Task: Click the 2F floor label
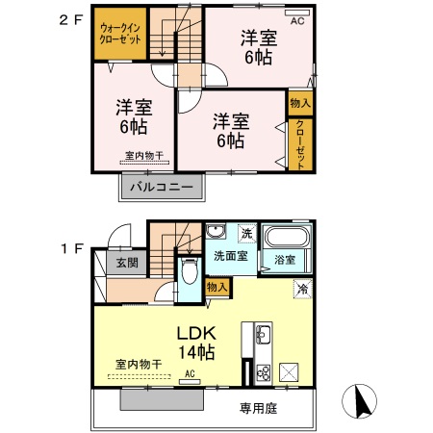coord(71,18)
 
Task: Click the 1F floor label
coord(71,247)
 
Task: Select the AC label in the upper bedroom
coord(296,19)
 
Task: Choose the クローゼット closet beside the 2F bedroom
coord(300,143)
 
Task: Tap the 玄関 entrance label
coord(126,263)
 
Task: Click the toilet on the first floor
coord(189,274)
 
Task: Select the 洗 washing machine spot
coord(246,234)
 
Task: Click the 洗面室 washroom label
coord(230,257)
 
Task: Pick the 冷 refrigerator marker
coord(302,288)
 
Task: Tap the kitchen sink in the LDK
coord(263,337)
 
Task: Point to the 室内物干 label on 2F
coord(142,155)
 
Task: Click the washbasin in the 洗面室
coord(215,232)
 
